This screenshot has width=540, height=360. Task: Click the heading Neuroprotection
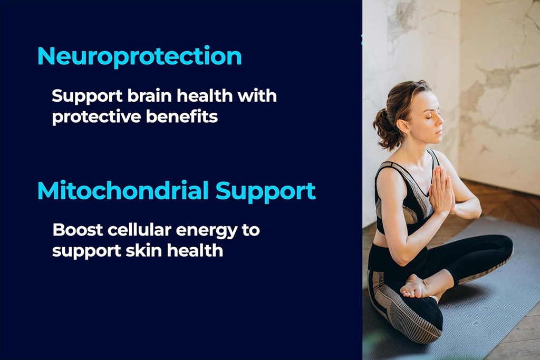139,56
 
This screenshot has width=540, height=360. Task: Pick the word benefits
182,116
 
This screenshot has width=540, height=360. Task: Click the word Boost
78,230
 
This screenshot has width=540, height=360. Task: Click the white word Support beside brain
87,96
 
